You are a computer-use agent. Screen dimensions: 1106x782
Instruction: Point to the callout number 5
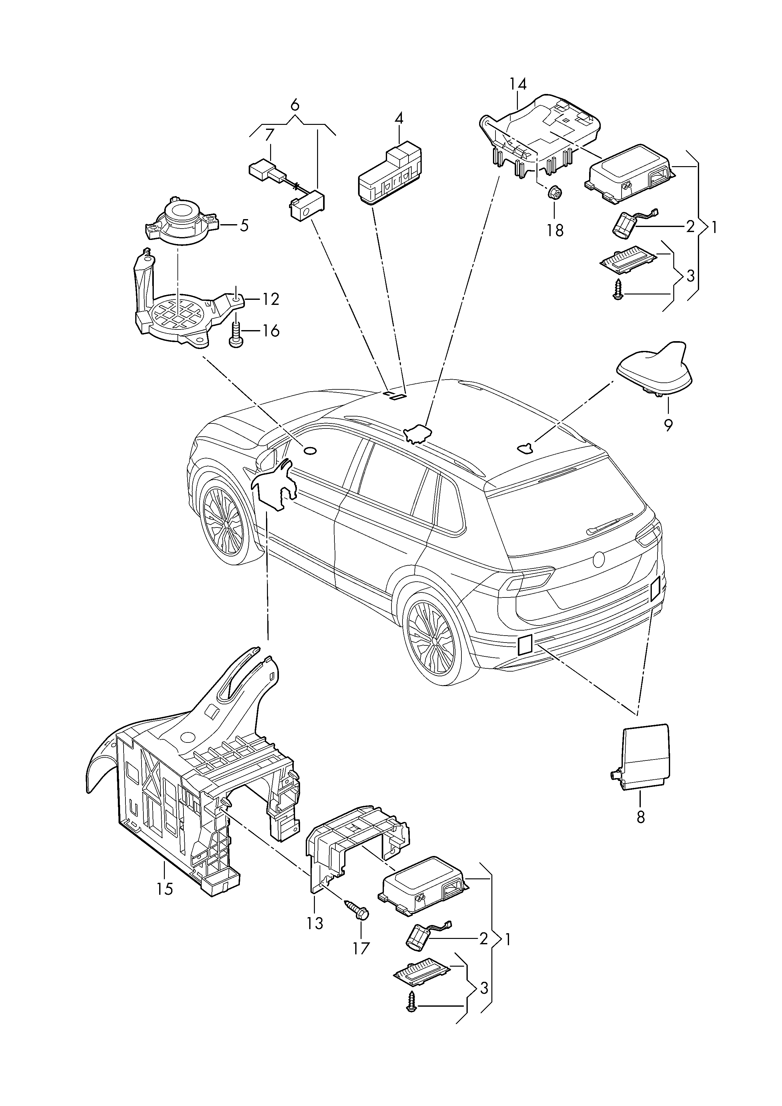click(244, 225)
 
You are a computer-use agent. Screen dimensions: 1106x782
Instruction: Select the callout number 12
click(271, 299)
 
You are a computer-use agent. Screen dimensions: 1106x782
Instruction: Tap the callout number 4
click(399, 119)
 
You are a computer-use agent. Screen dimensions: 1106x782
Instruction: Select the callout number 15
click(165, 888)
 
